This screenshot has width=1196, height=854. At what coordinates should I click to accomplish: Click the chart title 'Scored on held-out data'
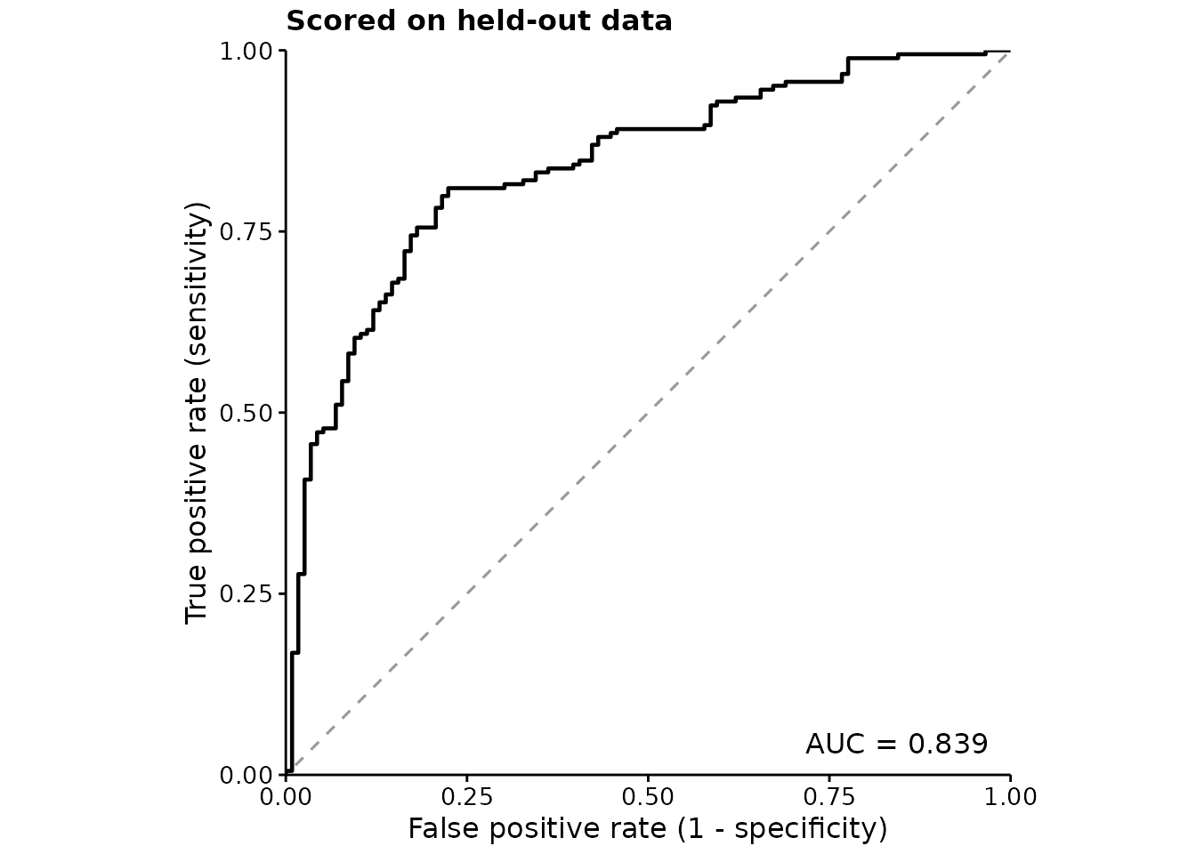pos(479,22)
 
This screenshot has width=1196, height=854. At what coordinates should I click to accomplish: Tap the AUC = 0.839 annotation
pos(896,744)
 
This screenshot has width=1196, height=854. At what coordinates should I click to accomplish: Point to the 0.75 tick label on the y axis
pos(246,231)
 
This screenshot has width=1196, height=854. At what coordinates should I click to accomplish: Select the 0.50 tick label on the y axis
pos(246,413)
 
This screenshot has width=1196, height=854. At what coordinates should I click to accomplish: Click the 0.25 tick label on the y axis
pos(246,593)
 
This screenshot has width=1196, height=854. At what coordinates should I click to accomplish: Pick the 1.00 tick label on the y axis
pos(246,52)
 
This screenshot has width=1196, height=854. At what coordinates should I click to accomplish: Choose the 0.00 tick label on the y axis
pos(246,775)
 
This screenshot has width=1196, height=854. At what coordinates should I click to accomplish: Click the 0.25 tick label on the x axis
pos(466,797)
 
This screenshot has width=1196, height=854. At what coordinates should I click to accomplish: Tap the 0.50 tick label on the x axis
pos(648,797)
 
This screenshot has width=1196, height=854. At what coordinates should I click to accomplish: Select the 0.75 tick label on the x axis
pos(829,797)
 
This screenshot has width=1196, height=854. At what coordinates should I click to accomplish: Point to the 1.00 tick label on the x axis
pos(1010,797)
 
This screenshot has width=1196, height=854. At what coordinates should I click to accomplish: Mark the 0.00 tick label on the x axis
pos(286,797)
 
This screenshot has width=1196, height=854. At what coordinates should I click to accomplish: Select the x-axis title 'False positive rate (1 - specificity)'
pos(648,829)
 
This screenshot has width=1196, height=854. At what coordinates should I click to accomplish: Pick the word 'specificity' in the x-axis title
pos(806,829)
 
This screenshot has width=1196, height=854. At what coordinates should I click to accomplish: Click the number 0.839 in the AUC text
pos(948,744)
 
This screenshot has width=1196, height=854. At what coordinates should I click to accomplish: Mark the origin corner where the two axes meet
pos(287,775)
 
